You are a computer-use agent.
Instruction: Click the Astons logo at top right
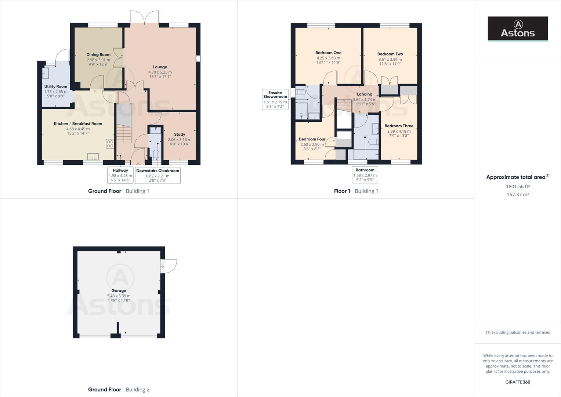point(518,29)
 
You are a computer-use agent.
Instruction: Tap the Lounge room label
point(160,67)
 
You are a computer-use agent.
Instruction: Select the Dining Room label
point(98,54)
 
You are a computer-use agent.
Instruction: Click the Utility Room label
point(55,86)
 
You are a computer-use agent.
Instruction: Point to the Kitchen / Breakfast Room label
point(78,124)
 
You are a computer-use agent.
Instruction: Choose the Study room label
point(180,134)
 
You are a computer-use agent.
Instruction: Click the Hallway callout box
point(120,175)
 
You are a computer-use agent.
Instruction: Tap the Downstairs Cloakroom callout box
point(158,175)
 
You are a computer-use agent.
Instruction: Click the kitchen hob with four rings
point(110,144)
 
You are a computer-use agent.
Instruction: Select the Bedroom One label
point(328,53)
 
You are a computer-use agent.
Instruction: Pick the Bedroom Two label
point(390,54)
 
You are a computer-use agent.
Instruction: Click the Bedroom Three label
point(399,126)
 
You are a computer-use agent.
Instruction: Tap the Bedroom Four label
point(312,139)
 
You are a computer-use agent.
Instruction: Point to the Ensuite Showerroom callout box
point(275,100)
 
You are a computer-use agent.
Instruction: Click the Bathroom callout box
point(365,175)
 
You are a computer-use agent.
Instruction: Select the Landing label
point(365,94)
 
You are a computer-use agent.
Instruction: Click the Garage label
point(119,290)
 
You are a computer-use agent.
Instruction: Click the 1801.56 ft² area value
point(518,186)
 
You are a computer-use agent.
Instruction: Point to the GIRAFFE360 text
point(518,382)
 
